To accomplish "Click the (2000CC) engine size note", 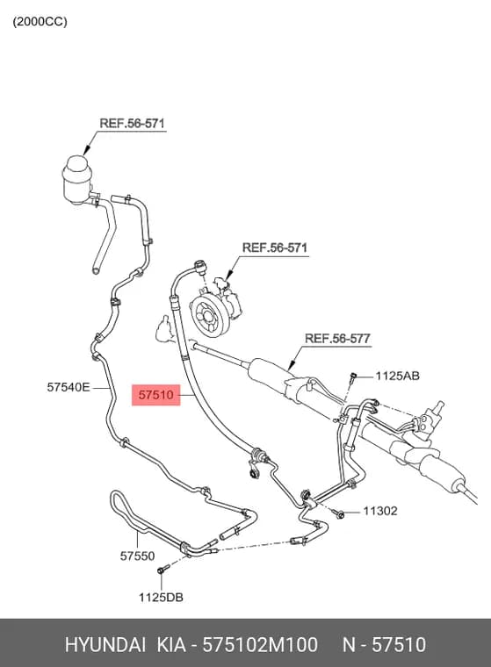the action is click(x=40, y=22).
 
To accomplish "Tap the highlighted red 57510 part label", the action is click(x=156, y=395).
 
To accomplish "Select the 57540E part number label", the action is click(x=69, y=387).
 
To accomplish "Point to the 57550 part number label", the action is click(x=137, y=556).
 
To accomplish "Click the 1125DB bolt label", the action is click(x=161, y=598).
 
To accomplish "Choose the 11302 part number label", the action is click(x=379, y=511).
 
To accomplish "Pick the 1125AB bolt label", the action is click(x=397, y=376).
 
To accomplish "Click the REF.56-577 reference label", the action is click(x=337, y=339).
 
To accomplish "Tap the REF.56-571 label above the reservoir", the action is click(x=132, y=124).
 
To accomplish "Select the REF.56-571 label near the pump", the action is click(x=275, y=247).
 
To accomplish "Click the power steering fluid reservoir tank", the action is click(x=78, y=181).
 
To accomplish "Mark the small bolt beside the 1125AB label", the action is click(x=352, y=377).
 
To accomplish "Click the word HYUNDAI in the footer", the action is click(x=105, y=644).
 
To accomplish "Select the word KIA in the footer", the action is click(x=171, y=644).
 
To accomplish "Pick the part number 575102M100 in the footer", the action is click(x=260, y=644).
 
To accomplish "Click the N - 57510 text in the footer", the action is click(x=384, y=644).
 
